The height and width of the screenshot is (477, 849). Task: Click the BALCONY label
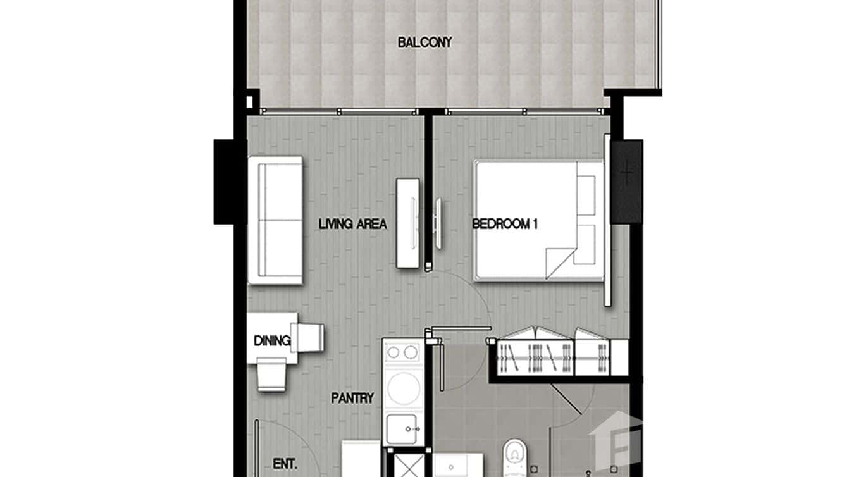tap(424, 43)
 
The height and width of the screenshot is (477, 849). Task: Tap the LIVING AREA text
tap(352, 224)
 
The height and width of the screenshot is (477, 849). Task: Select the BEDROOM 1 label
tap(505, 224)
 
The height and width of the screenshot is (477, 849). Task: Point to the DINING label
tap(271, 341)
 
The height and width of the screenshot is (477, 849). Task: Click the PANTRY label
tap(352, 399)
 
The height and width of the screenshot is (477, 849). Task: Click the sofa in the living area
tap(275, 220)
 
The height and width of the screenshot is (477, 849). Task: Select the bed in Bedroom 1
tap(538, 220)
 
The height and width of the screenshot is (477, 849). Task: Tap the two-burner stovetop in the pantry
tap(402, 352)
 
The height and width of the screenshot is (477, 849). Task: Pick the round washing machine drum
tap(403, 388)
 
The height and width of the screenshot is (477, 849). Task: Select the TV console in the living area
tap(408, 223)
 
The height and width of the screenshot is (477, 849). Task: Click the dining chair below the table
tap(272, 375)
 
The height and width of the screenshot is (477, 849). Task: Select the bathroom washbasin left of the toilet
tap(459, 465)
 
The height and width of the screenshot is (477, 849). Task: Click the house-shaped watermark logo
tap(617, 437)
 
